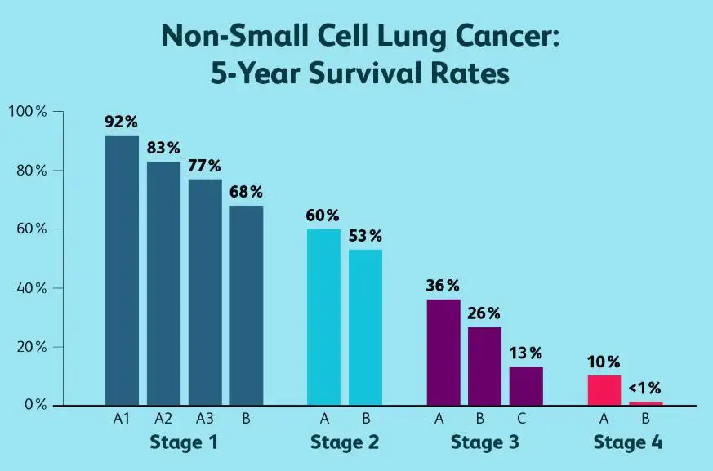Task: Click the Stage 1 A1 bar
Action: click(x=122, y=269)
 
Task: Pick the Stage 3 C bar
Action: click(x=526, y=386)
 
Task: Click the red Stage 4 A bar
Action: click(x=604, y=390)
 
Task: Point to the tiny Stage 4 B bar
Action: click(x=646, y=403)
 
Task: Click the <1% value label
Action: click(x=645, y=387)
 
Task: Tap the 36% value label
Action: click(x=443, y=286)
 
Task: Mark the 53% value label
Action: click(x=364, y=236)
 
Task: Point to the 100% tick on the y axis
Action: click(x=28, y=111)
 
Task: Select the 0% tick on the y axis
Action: click(x=33, y=406)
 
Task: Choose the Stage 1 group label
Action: click(x=184, y=443)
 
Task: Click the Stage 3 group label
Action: click(x=484, y=443)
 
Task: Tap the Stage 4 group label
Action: click(x=627, y=443)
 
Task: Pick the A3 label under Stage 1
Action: click(x=204, y=420)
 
